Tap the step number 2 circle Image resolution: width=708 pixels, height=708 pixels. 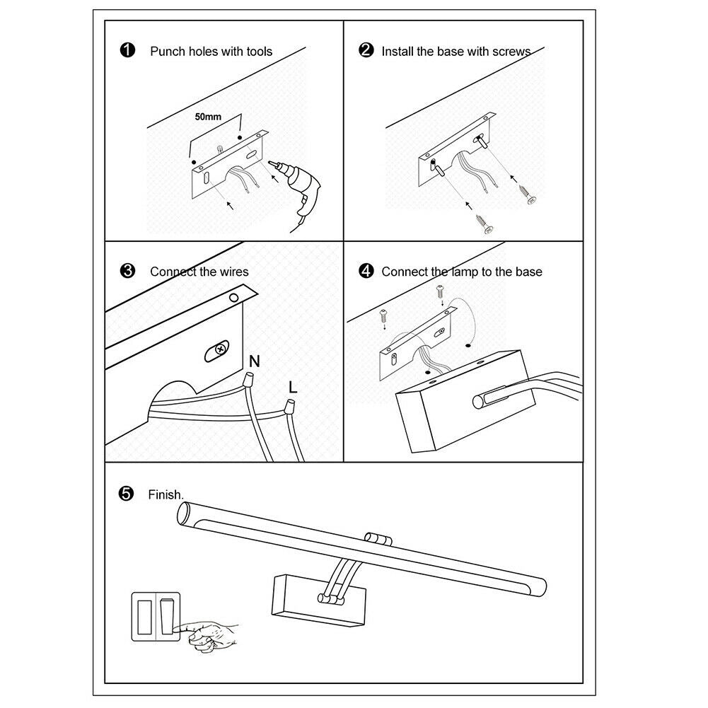[366, 51]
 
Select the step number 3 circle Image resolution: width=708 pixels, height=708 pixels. [127, 271]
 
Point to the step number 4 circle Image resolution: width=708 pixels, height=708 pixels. [366, 271]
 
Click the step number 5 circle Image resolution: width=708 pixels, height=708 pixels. [127, 494]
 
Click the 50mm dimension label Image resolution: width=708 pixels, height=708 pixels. [208, 116]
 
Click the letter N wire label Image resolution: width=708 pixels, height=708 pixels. [255, 361]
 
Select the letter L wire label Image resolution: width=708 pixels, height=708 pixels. [292, 387]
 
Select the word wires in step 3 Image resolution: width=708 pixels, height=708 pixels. [231, 272]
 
